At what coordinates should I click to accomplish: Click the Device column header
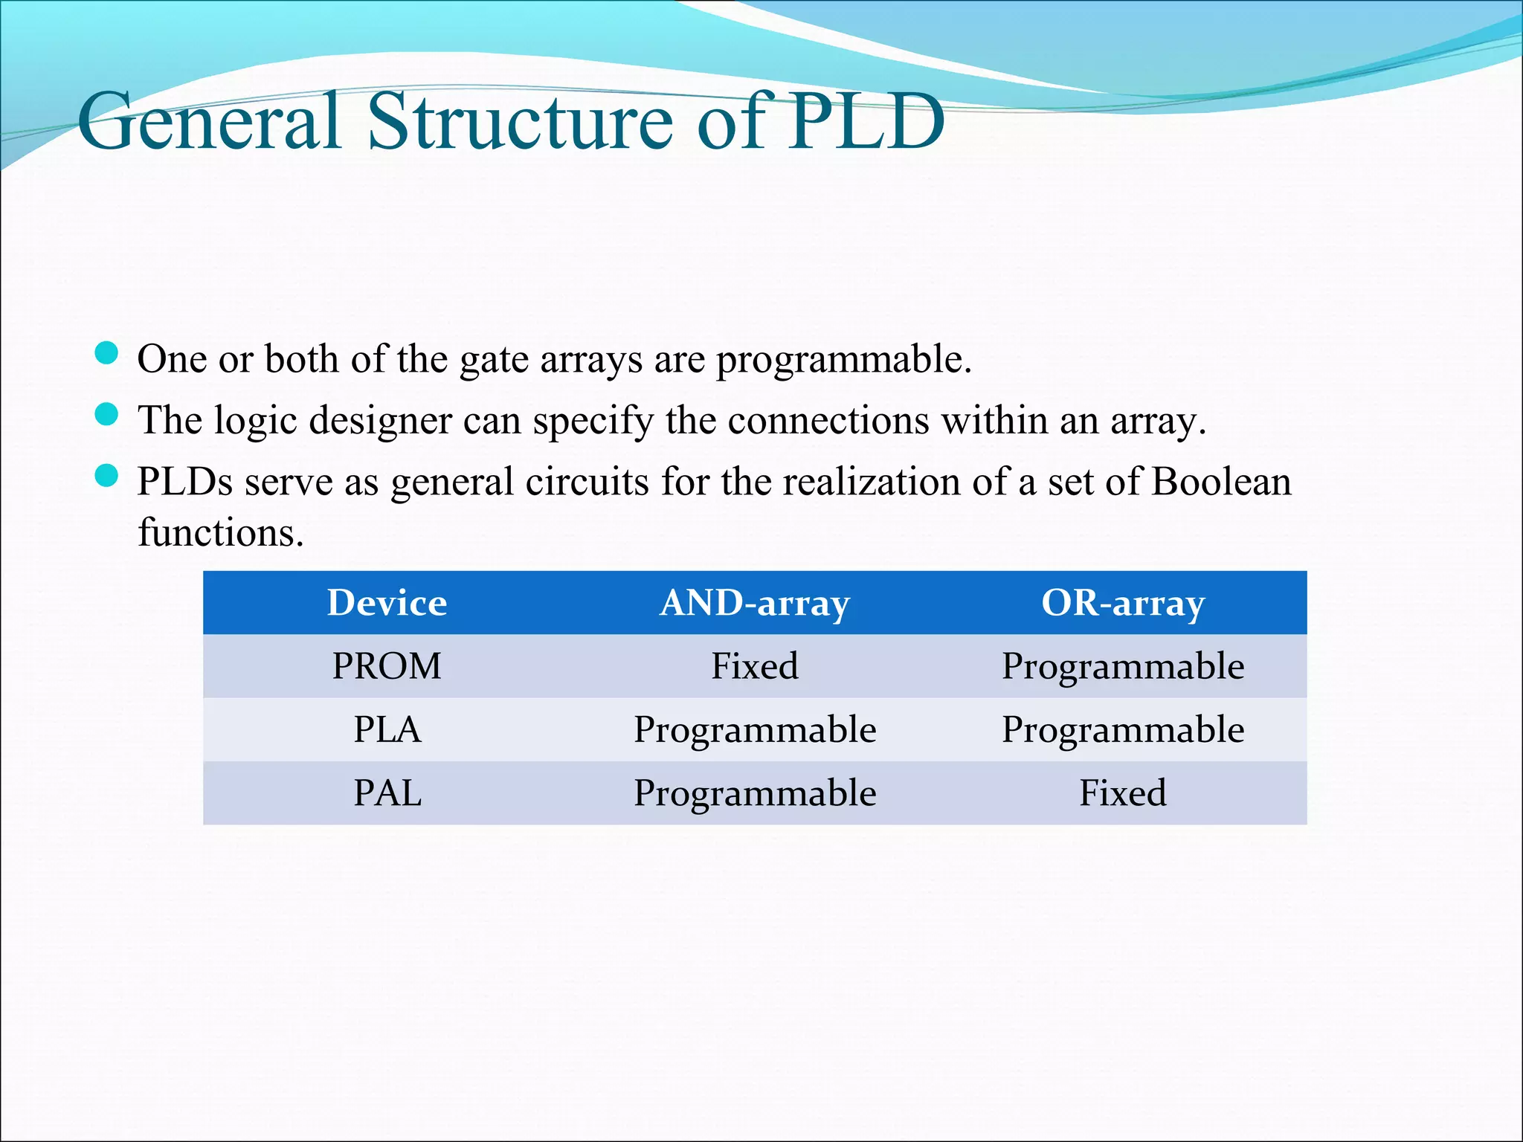coord(387,602)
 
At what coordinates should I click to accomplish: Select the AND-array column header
coord(754,603)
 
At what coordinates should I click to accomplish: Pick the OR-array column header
coord(1122,603)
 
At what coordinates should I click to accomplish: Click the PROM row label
coord(387,666)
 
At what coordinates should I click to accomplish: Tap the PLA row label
coord(387,729)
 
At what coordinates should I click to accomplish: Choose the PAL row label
coord(387,793)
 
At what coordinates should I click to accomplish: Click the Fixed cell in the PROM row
coord(754,666)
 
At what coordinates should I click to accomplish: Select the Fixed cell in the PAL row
coord(1122,793)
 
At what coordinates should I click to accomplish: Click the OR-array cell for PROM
coord(1122,666)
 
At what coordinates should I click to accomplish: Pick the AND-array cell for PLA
coord(754,729)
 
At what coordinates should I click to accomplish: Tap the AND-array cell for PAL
coord(754,793)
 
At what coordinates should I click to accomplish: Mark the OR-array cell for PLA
coord(1122,729)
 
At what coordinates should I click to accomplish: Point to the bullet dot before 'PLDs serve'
coord(107,476)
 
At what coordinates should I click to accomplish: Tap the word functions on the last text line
coord(220,532)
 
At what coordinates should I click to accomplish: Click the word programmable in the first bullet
coord(843,360)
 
